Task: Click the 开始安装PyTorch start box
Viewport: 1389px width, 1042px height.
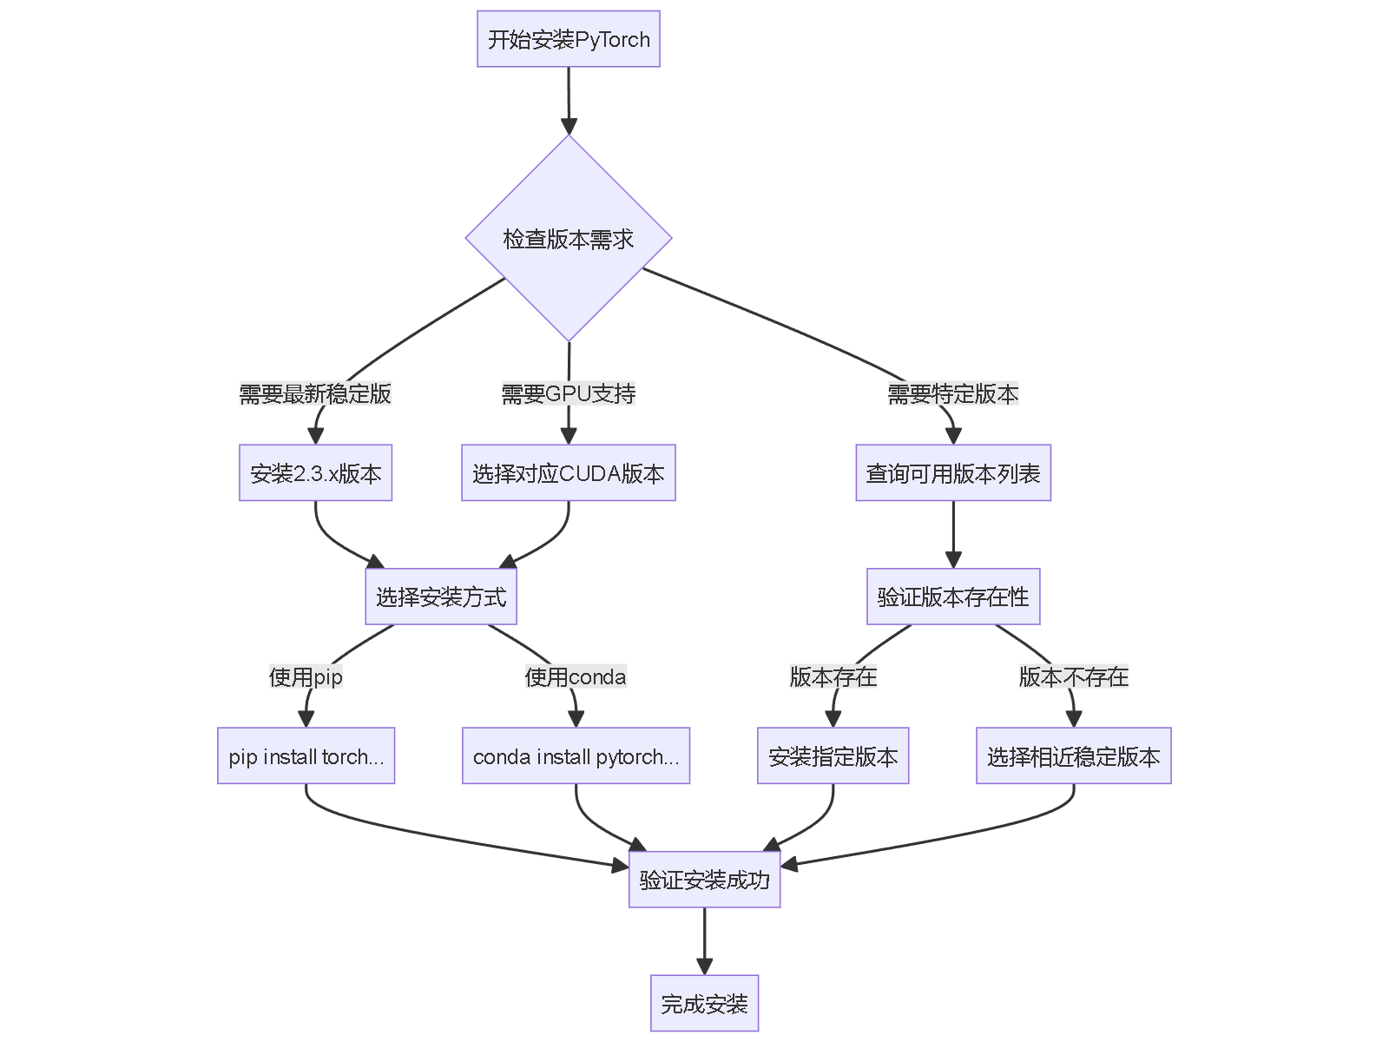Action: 569,39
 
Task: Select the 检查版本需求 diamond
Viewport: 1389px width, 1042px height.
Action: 569,239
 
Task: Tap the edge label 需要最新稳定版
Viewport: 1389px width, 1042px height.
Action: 315,394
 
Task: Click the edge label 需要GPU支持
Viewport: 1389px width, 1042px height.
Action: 569,394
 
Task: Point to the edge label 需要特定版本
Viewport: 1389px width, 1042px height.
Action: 952,394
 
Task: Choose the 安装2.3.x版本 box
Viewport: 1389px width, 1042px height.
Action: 315,473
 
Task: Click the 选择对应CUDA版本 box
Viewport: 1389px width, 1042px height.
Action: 569,473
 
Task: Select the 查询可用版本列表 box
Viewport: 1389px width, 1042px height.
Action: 953,473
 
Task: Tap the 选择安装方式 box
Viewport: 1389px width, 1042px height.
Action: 441,597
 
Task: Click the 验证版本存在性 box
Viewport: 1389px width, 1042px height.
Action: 953,597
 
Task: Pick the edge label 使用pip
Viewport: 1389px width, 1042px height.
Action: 306,676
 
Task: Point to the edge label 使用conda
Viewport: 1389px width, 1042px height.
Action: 576,676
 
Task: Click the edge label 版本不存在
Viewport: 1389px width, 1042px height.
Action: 1074,676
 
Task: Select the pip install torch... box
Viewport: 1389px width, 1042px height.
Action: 306,756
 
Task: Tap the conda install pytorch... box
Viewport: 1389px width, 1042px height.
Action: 576,756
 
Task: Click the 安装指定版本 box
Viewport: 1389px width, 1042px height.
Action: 833,756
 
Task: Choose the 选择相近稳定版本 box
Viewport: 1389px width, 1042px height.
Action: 1074,756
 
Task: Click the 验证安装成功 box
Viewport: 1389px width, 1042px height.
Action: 704,880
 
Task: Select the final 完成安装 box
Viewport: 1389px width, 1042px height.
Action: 704,1004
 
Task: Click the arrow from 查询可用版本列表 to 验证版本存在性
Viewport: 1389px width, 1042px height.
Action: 953,534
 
